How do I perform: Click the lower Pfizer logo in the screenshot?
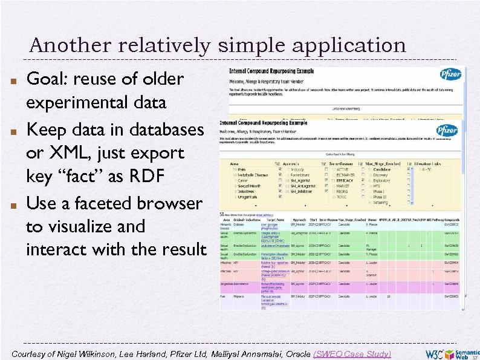pyautogui.click(x=446, y=130)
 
